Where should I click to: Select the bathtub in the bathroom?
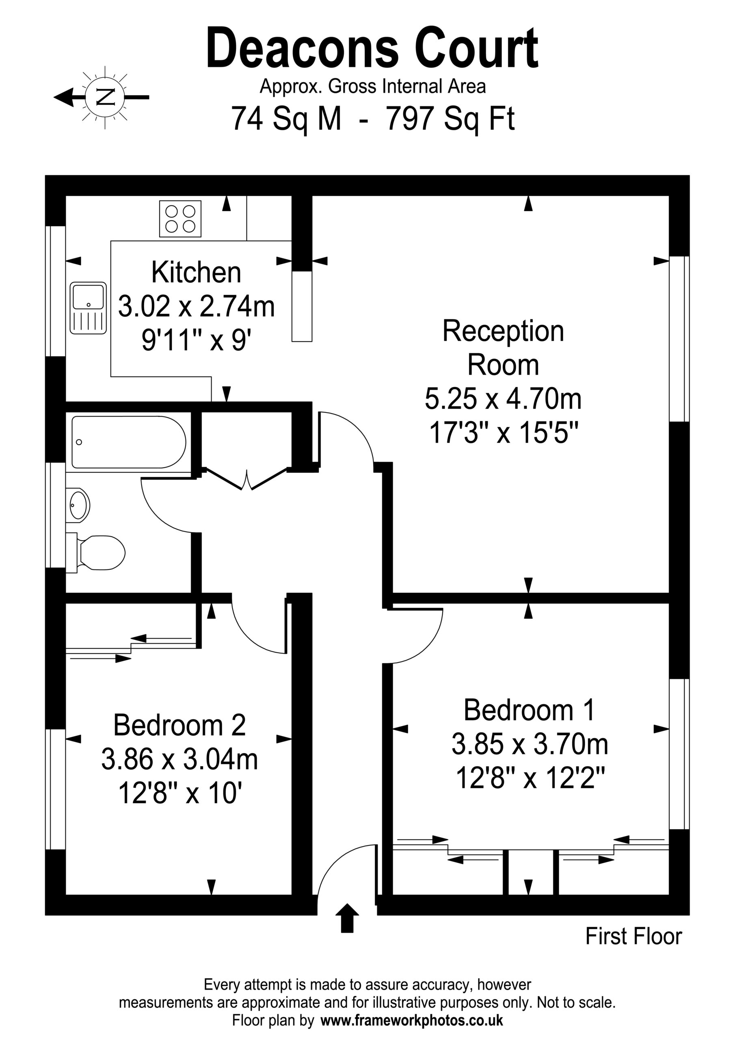(129, 442)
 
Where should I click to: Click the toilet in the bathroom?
(95, 552)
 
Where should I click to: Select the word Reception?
(503, 332)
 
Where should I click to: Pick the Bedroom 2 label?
(179, 725)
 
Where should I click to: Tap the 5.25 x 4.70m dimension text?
(503, 399)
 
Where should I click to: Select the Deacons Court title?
(372, 48)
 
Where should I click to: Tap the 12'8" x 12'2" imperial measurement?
(530, 779)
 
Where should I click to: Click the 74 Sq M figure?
(286, 119)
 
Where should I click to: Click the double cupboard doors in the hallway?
(247, 480)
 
